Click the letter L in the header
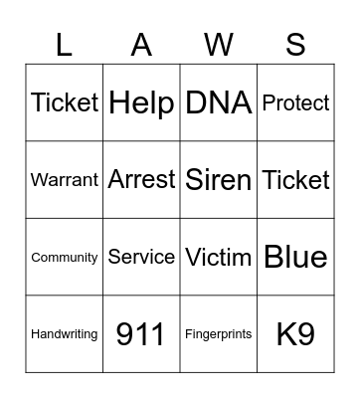point(65,44)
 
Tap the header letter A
point(141,44)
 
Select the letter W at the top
point(219,44)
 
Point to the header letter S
point(295,44)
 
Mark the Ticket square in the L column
point(65,102)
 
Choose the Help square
point(141,102)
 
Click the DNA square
point(219,102)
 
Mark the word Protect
point(295,102)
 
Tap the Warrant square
point(65,180)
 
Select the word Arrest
point(141,180)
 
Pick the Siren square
point(219,180)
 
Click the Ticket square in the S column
point(295,180)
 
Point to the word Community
point(65,257)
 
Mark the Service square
point(141,257)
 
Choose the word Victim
point(219,257)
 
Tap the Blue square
point(295,257)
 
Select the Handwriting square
point(65,334)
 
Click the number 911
point(141,334)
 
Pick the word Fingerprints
point(219,334)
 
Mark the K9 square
point(295,334)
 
